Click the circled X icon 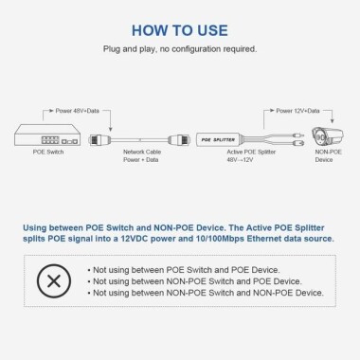pos(57,281)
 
